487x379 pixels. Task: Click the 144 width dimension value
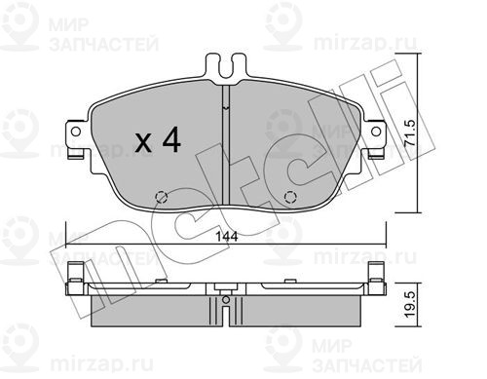point(227,236)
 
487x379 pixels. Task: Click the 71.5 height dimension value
point(410,133)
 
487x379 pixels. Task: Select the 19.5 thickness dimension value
point(410,304)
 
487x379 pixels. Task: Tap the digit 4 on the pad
point(171,139)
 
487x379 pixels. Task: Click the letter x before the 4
point(143,143)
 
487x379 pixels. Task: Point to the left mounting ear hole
point(76,132)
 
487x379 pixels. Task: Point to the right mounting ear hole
point(376,132)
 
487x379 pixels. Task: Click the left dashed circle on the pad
point(162,197)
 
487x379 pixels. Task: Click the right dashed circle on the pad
point(290,197)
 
